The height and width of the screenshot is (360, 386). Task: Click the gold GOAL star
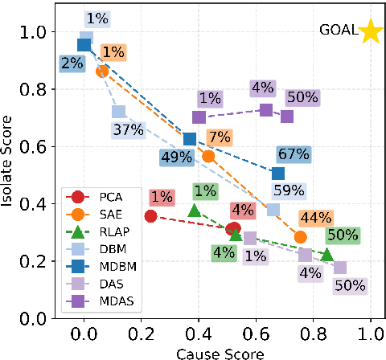pos(370,32)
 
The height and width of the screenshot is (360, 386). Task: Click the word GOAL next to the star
pos(337,31)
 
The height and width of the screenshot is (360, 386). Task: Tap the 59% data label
pos(288,190)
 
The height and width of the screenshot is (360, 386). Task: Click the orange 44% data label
pos(315,218)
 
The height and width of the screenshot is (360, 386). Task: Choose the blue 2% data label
pos(71,63)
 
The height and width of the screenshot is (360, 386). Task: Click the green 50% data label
pos(343,235)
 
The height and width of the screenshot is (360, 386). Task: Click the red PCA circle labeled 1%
pos(150,216)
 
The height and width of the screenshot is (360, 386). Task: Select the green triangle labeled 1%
pos(194,211)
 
